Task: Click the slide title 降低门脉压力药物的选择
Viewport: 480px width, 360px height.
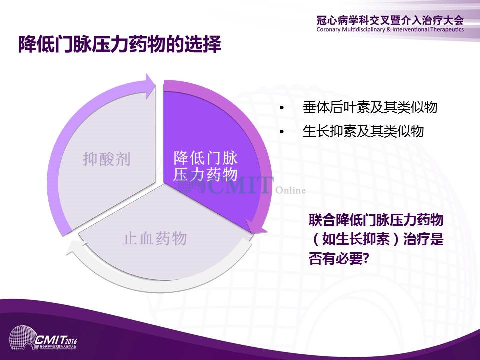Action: [x=119, y=44]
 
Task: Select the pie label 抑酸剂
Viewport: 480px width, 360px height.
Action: [x=107, y=159]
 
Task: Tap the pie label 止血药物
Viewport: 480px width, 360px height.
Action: [x=155, y=238]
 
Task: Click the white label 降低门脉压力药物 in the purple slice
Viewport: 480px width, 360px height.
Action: [x=205, y=166]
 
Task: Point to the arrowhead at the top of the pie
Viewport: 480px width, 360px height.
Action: [x=150, y=86]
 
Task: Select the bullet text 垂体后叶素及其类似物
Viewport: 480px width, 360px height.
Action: [x=370, y=107]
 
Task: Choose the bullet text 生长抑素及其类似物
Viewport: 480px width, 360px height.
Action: [x=363, y=131]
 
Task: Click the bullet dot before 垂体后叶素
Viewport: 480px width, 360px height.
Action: [x=282, y=108]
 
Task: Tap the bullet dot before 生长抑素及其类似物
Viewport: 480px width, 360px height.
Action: [x=282, y=132]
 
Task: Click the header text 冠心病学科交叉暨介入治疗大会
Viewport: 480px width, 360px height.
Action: [x=390, y=20]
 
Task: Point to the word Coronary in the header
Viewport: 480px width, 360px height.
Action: [x=329, y=29]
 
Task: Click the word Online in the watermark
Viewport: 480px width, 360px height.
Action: [x=291, y=190]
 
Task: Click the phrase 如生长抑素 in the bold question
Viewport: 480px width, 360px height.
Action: [x=356, y=239]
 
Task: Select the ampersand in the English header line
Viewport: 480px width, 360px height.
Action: [x=389, y=29]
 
